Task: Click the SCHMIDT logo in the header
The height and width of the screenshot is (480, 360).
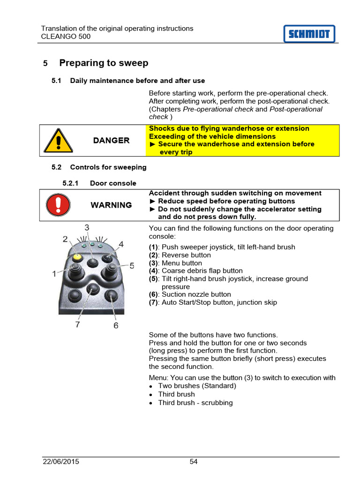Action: click(x=309, y=34)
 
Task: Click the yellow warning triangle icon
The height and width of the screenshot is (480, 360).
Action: click(x=58, y=141)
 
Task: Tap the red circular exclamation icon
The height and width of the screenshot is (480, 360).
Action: click(x=58, y=205)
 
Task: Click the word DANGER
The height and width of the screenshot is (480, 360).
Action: click(x=111, y=141)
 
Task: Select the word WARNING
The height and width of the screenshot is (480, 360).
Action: click(x=111, y=205)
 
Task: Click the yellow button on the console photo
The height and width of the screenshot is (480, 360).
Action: click(x=76, y=257)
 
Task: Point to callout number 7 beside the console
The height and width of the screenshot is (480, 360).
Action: click(x=78, y=324)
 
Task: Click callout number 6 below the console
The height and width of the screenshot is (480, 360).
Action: click(x=116, y=325)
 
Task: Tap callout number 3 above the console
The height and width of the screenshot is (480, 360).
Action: click(x=87, y=228)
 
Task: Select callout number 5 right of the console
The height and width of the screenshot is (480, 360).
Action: click(x=132, y=266)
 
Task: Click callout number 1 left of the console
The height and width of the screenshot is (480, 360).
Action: click(x=54, y=274)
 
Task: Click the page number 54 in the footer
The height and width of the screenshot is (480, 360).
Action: click(x=194, y=462)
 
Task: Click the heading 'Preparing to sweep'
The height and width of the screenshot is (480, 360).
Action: click(x=104, y=63)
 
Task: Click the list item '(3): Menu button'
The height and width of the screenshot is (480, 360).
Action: click(x=175, y=263)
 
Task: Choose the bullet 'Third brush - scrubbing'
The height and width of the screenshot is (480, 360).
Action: click(x=195, y=403)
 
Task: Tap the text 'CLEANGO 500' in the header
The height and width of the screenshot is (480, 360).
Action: click(x=66, y=37)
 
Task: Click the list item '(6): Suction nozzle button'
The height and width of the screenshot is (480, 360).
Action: click(x=190, y=294)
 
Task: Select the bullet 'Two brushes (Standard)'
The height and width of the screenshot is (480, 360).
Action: click(x=197, y=386)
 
